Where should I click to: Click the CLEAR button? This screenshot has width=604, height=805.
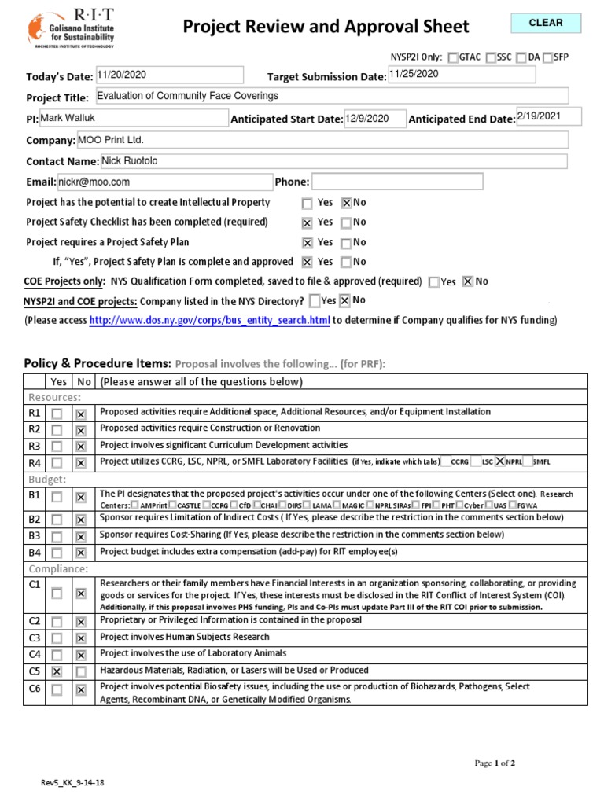pyautogui.click(x=546, y=24)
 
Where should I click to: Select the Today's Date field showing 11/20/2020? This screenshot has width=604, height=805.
pyautogui.click(x=169, y=75)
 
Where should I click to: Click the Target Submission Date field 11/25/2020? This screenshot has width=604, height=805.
pyautogui.click(x=461, y=74)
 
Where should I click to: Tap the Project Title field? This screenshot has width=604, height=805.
pyautogui.click(x=330, y=97)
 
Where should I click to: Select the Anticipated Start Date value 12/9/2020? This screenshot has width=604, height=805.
pyautogui.click(x=374, y=119)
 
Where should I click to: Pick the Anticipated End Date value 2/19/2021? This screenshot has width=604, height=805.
pyautogui.click(x=548, y=116)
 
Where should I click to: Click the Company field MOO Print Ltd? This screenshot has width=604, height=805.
pyautogui.click(x=322, y=140)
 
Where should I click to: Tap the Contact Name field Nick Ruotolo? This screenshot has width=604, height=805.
pyautogui.click(x=333, y=160)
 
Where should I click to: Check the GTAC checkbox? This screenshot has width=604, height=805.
pyautogui.click(x=453, y=57)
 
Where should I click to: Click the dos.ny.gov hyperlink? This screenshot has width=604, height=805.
pyautogui.click(x=209, y=320)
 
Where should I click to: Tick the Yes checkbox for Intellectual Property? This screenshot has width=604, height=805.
pyautogui.click(x=307, y=203)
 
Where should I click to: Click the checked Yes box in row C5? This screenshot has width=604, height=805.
pyautogui.click(x=57, y=671)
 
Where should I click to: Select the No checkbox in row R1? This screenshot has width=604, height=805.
pyautogui.click(x=81, y=413)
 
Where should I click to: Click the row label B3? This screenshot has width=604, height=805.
pyautogui.click(x=34, y=536)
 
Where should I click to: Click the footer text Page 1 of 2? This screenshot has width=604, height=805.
pyautogui.click(x=494, y=763)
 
